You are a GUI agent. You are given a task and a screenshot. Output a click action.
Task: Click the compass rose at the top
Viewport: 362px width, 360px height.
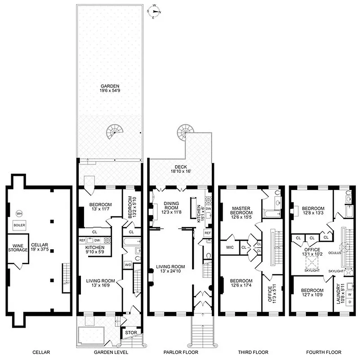coord(155,11)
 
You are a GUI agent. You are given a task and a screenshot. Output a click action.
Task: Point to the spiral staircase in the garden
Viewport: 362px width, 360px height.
coord(114,131)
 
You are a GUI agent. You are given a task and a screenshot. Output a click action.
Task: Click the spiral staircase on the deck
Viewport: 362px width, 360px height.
coord(184,131)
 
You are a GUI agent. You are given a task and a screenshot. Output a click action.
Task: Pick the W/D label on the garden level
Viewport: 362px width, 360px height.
coord(128,264)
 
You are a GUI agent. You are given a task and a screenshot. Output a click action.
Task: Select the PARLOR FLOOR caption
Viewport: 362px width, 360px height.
coord(181,352)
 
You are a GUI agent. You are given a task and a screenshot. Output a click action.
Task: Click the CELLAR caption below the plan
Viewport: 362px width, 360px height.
coord(41,352)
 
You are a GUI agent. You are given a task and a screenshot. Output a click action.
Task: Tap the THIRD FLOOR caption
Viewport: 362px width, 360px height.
coord(252,352)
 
